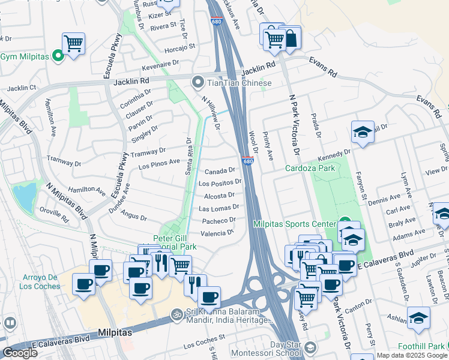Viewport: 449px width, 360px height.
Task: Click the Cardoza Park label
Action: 310,168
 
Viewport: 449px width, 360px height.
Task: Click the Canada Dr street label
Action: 222,170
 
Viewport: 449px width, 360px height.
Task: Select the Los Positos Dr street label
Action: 220,183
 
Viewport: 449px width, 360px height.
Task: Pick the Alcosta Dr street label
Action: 219,196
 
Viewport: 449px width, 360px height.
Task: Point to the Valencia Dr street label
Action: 217,233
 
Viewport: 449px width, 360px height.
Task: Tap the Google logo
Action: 20,353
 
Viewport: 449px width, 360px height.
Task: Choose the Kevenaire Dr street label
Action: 161,62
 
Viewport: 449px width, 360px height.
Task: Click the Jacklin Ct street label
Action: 20,88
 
